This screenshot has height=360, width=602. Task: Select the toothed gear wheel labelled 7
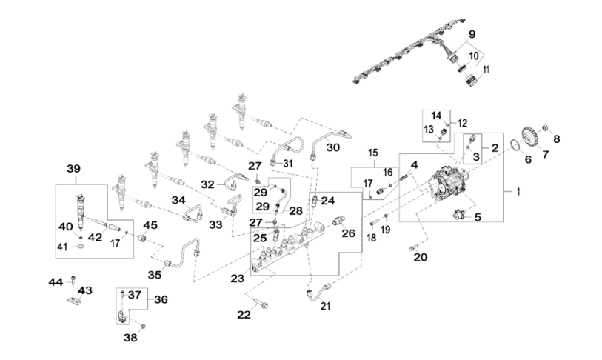(529, 137)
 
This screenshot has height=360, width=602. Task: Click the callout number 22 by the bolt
(244, 314)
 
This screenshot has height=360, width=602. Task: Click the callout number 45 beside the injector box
(150, 225)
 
